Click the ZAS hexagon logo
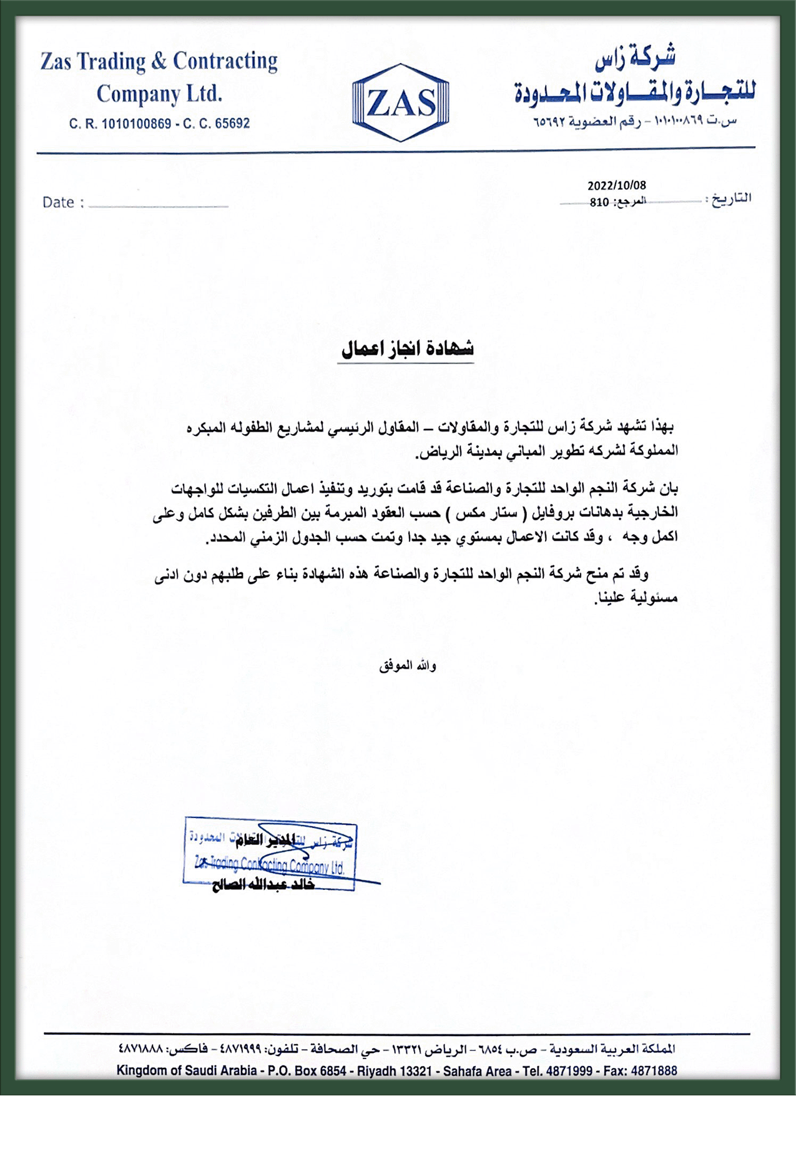click(400, 102)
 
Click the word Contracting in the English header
click(225, 61)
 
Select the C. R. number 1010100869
click(136, 124)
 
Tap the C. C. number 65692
click(232, 124)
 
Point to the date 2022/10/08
click(616, 185)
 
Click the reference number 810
click(599, 202)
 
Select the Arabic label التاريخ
click(731, 199)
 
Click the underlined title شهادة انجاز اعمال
click(406, 348)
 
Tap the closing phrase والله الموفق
click(407, 666)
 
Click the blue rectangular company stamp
click(270, 853)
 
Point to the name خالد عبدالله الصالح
click(263, 885)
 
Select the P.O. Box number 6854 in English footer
click(333, 1070)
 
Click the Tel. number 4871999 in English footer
click(569, 1070)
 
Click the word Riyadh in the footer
click(377, 1070)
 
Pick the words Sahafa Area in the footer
click(477, 1070)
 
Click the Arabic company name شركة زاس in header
click(634, 58)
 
